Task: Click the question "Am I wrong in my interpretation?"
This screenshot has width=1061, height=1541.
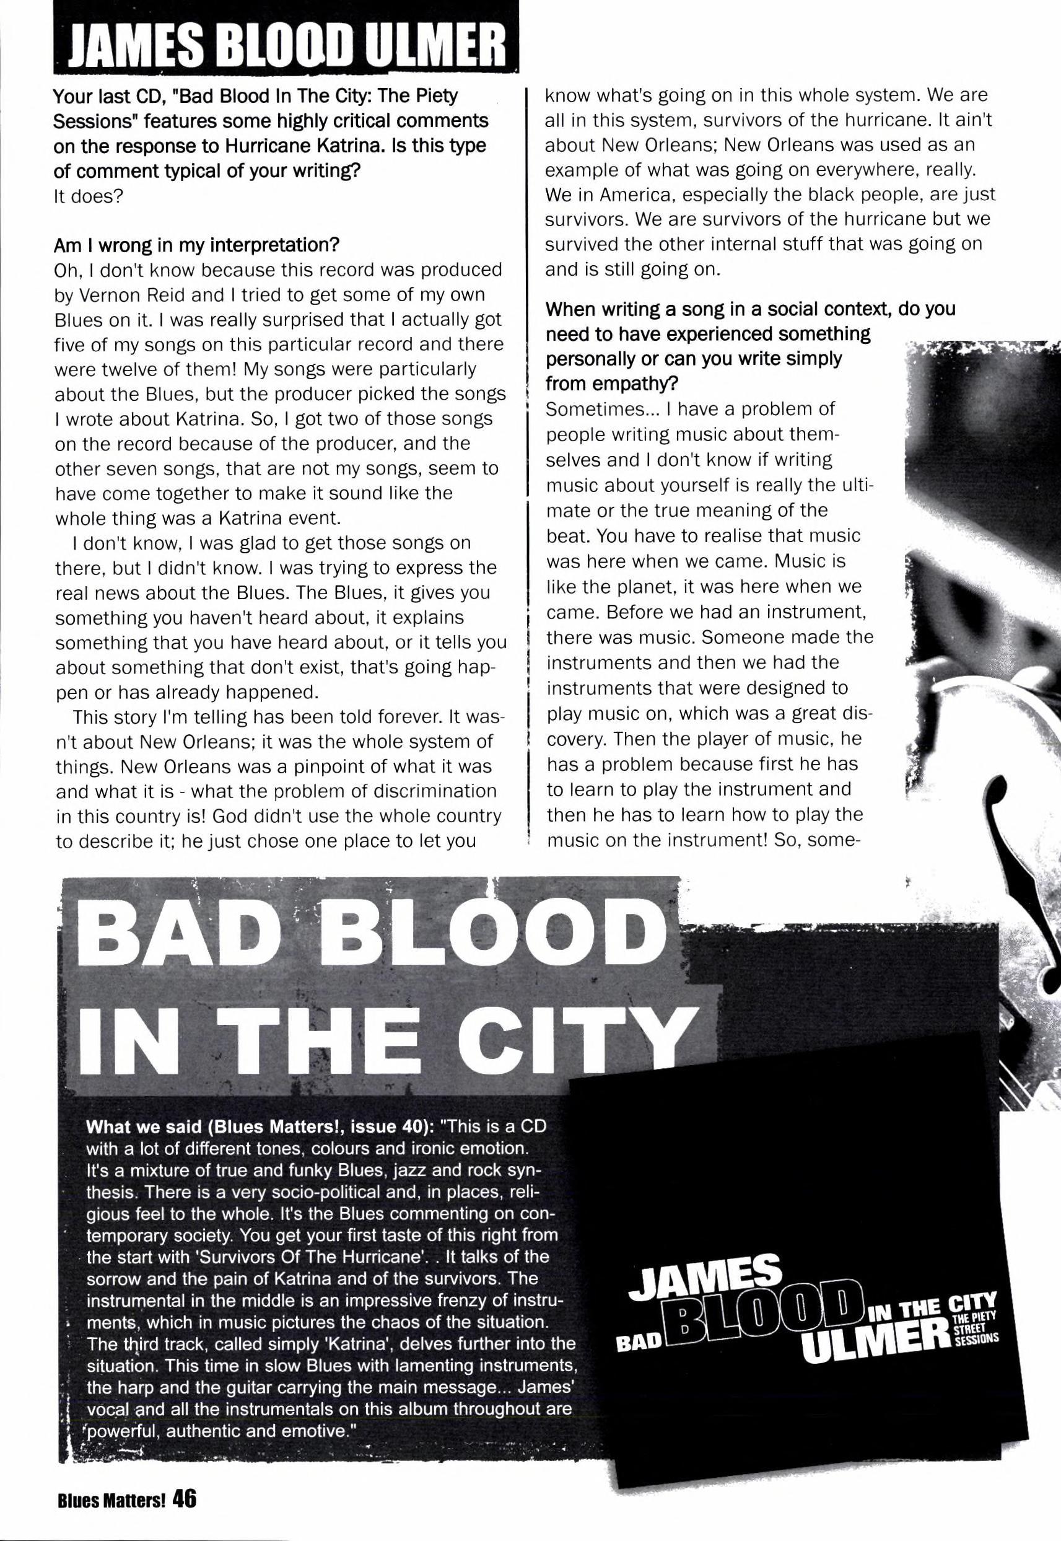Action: (196, 245)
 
